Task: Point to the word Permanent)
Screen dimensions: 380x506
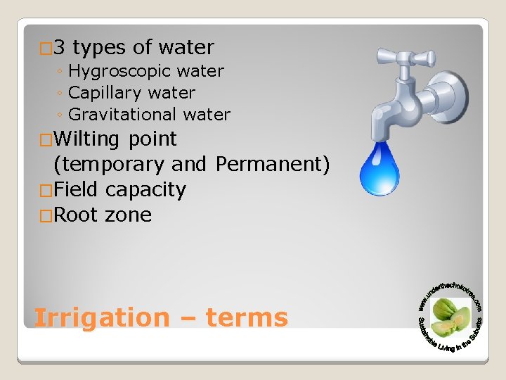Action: [x=273, y=164]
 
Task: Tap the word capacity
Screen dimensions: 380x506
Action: [x=145, y=190]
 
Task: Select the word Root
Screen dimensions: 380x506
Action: [x=75, y=215]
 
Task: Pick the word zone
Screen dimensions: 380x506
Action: [x=129, y=215]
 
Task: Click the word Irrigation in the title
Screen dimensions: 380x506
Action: [x=102, y=318]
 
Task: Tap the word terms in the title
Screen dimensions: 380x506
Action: [x=247, y=318]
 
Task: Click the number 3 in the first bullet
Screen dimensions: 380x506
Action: [x=59, y=48]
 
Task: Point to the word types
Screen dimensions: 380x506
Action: [x=99, y=48]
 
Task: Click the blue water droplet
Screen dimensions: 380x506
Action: [x=379, y=168]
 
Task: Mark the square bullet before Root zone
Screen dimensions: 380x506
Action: [x=46, y=215]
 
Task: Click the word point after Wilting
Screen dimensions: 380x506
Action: [x=153, y=139]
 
